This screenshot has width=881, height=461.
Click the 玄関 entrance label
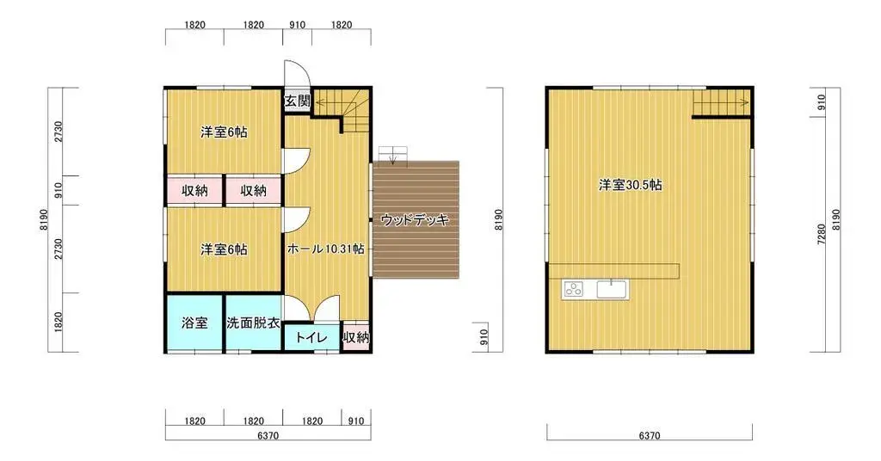click(297, 101)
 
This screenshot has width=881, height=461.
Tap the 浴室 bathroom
click(194, 323)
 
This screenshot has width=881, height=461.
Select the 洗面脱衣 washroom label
click(253, 323)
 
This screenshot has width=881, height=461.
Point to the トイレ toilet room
click(311, 338)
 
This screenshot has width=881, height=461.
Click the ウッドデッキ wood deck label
click(416, 220)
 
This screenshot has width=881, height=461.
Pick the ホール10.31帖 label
click(325, 249)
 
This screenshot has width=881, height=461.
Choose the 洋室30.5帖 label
click(630, 184)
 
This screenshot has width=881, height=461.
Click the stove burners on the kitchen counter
click(573, 289)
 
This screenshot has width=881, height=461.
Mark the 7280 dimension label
click(822, 234)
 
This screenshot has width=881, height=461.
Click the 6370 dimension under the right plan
click(650, 436)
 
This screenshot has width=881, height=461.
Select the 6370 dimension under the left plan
click(268, 436)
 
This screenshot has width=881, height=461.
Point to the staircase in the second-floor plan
click(723, 103)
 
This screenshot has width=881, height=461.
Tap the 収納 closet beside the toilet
click(355, 338)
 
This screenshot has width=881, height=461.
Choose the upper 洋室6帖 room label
click(224, 132)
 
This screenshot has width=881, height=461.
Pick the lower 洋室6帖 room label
click(224, 249)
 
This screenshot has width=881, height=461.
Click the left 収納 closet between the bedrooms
click(194, 190)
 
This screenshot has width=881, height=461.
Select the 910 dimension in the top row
click(297, 25)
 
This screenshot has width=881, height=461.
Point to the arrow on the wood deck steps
click(392, 156)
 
